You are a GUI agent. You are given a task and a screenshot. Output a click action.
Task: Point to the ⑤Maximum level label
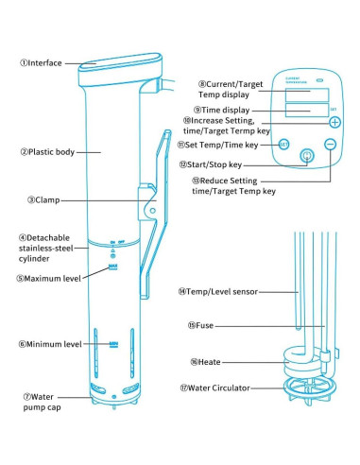point(46,278)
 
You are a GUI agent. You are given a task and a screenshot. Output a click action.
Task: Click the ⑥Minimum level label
point(45,345)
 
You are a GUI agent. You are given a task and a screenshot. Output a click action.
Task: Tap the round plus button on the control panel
point(334,122)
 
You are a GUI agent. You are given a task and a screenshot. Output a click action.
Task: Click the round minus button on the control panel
point(330,144)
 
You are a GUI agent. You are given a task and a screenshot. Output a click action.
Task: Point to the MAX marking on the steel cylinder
point(112,268)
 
